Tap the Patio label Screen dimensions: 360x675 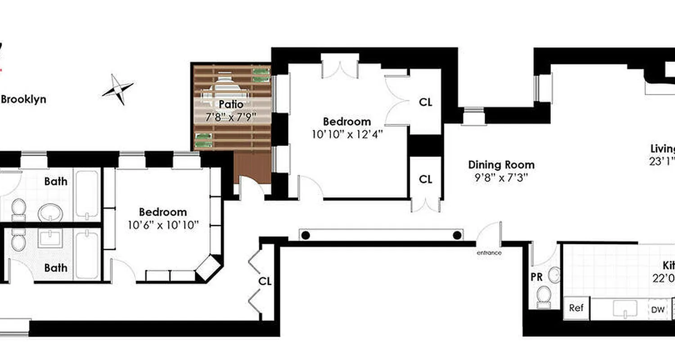point(231,104)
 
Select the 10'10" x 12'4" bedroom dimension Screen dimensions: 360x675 point(347,134)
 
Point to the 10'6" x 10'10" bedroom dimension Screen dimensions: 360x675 point(163,225)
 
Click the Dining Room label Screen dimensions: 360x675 point(501,165)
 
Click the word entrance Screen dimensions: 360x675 point(489,253)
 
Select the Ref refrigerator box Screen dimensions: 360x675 point(576,308)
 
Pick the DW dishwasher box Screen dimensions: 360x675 point(657,310)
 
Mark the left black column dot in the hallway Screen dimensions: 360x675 point(306,235)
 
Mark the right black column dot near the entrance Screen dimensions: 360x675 point(457,235)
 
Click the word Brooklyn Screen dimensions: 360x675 point(23,99)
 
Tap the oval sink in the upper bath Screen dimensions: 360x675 point(50,212)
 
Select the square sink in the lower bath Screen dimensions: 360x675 point(50,238)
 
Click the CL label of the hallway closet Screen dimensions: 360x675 point(265,281)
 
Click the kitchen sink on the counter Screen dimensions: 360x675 point(625,309)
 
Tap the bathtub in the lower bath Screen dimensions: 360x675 point(86,255)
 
